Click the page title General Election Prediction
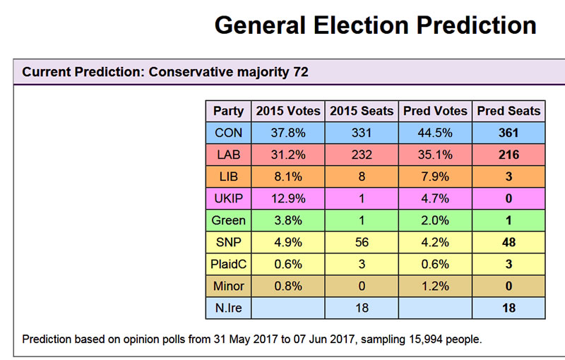[x=375, y=26]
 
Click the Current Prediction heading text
[x=165, y=72]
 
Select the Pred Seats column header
[x=509, y=111]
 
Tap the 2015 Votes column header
[x=288, y=111]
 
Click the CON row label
[x=228, y=133]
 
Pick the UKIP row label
[x=228, y=198]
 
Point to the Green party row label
[x=228, y=220]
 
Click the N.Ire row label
[x=228, y=308]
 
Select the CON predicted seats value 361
[x=509, y=133]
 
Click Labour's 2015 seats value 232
[x=362, y=155]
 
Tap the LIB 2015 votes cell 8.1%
[x=288, y=176]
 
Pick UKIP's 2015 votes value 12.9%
[x=288, y=198]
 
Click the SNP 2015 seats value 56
[x=362, y=242]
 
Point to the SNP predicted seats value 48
[x=509, y=242]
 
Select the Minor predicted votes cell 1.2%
[x=435, y=286]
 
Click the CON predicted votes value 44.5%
[x=435, y=133]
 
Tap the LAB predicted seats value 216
[x=509, y=155]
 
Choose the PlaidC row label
[x=228, y=264]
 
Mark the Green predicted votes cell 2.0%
[x=435, y=220]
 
